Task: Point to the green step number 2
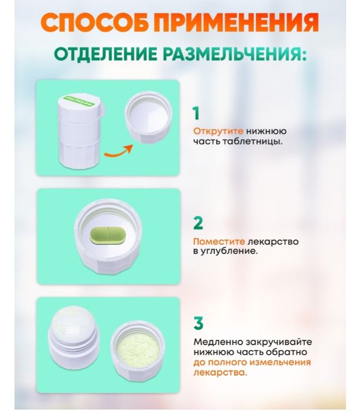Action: [198, 223]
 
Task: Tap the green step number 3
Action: [198, 324]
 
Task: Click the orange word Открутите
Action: [214, 131]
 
